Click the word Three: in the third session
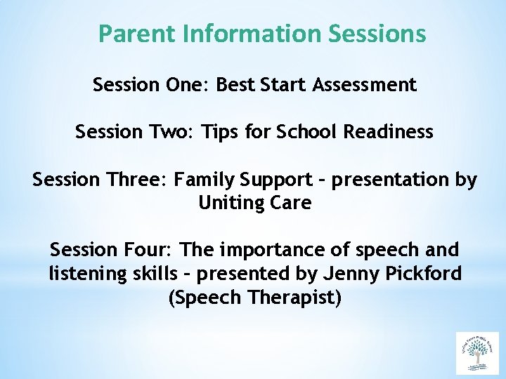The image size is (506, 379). coord(137,180)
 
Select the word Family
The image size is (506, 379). coord(207,180)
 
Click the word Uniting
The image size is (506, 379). coord(228,204)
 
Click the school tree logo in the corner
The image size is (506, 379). coord(477,353)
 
